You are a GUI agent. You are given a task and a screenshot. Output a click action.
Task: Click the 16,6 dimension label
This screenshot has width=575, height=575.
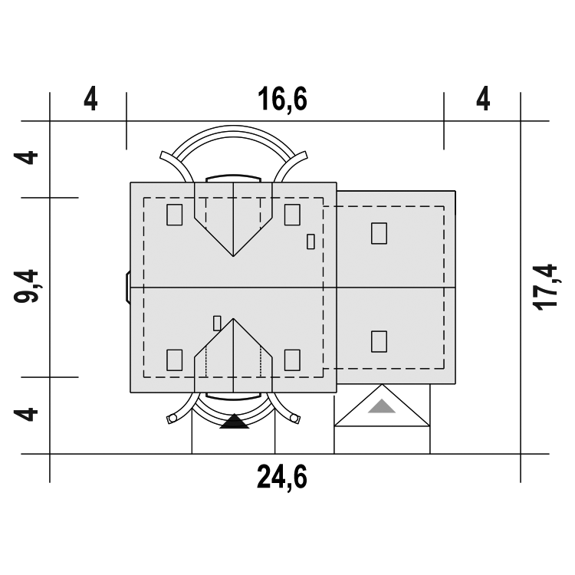[x=282, y=100]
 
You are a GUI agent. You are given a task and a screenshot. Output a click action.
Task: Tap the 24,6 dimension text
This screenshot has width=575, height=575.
[x=281, y=477]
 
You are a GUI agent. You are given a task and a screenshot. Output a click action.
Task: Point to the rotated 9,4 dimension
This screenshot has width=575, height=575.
[x=26, y=287]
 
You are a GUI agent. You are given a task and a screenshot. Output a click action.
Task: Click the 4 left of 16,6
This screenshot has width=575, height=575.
[x=90, y=99]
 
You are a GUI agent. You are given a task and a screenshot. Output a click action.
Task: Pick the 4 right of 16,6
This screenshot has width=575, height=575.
[x=483, y=99]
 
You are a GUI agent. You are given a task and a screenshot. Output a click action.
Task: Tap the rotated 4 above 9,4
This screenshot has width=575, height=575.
[x=25, y=158]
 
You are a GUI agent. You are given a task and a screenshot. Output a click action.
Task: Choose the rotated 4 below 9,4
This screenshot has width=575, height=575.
[x=25, y=414]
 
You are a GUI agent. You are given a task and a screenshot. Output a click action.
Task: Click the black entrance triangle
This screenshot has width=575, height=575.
[x=235, y=422]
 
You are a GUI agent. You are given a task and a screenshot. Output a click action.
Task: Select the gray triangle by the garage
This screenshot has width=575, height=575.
[x=382, y=406]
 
